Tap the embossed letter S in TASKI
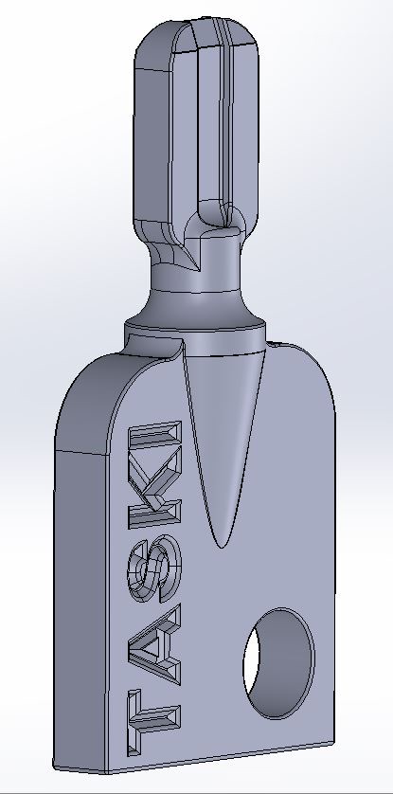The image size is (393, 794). [154, 569]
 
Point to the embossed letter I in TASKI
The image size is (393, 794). [154, 433]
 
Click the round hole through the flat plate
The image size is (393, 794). [279, 663]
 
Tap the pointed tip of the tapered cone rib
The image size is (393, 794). [221, 547]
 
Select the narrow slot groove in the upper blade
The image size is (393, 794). [226, 121]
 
